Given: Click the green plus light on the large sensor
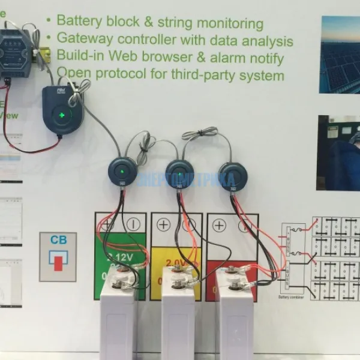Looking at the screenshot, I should [x=59, y=115].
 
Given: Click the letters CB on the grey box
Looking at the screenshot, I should [x=58, y=240].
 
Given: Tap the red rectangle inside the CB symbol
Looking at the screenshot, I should [x=58, y=262].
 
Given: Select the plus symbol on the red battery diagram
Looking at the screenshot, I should [x=219, y=226].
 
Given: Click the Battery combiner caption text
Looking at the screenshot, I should [x=293, y=297].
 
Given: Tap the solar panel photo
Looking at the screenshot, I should [x=340, y=54].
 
